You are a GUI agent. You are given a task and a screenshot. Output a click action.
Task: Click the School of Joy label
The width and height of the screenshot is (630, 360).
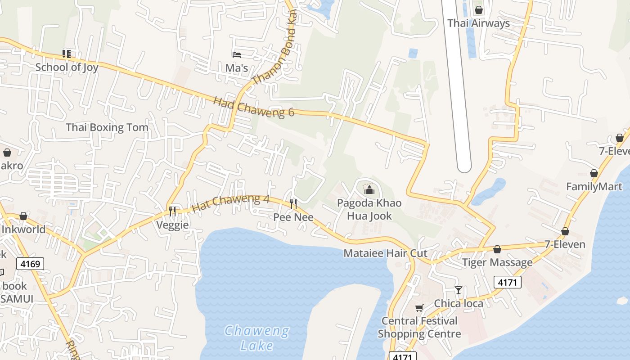pos(67,67)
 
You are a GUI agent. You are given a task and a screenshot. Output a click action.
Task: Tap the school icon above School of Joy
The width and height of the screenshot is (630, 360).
pos(67,54)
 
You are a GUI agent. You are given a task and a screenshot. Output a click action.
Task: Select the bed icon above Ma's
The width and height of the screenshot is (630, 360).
pos(237,55)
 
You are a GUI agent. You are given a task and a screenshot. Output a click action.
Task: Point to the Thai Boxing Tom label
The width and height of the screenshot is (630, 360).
pos(107,127)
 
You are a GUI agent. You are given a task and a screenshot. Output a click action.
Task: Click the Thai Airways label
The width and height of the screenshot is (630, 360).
pos(478,23)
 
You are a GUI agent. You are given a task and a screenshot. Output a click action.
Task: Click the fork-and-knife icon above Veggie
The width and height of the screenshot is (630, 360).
pos(172,211)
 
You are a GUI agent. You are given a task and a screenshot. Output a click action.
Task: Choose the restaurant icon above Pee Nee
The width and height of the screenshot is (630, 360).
pos(293,204)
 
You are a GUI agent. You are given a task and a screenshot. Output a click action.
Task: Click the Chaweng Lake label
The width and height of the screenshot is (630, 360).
pos(257,338)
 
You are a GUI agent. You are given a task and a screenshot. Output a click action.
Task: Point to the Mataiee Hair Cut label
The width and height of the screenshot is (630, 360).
pos(385,253)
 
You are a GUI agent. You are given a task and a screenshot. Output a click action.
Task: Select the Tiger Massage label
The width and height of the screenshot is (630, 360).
pos(497,262)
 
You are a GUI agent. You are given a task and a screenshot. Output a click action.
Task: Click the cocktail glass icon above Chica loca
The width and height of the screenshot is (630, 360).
pos(458,290)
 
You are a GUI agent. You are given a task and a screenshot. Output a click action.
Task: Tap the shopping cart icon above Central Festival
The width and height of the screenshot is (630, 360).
pos(419,308)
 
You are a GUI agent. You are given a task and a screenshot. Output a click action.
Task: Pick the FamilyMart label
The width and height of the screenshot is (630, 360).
pos(594,186)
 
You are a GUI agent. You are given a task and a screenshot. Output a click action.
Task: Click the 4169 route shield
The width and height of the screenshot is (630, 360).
pos(31,263)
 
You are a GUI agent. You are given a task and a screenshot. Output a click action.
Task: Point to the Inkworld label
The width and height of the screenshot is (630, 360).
pos(23,229)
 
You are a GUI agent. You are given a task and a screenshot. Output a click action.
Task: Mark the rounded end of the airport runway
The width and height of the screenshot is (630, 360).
pos(463,166)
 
